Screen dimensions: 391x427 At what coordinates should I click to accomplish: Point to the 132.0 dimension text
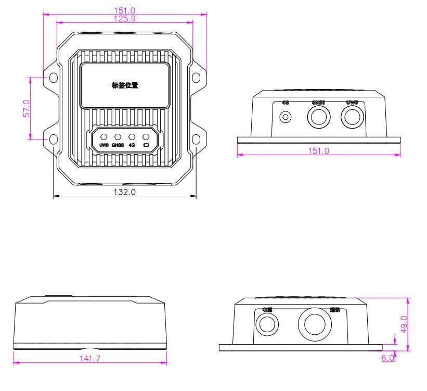(x=125, y=192)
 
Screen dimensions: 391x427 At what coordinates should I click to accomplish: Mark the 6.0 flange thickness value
(x=388, y=358)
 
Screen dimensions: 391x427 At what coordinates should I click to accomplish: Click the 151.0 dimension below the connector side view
(x=319, y=150)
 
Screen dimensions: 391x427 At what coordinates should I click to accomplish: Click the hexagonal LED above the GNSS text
(x=118, y=136)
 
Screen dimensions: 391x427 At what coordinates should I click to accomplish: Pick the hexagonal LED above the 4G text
(x=132, y=136)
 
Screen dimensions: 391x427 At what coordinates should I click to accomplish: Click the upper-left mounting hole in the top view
(x=54, y=78)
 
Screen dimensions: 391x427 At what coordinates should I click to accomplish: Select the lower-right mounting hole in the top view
(x=196, y=139)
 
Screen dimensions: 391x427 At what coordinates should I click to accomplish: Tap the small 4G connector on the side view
(x=285, y=117)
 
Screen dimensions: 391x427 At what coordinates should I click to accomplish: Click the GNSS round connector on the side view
(x=318, y=117)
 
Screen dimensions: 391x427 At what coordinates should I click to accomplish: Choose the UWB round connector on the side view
(x=352, y=117)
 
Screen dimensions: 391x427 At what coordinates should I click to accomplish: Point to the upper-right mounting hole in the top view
(x=196, y=78)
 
